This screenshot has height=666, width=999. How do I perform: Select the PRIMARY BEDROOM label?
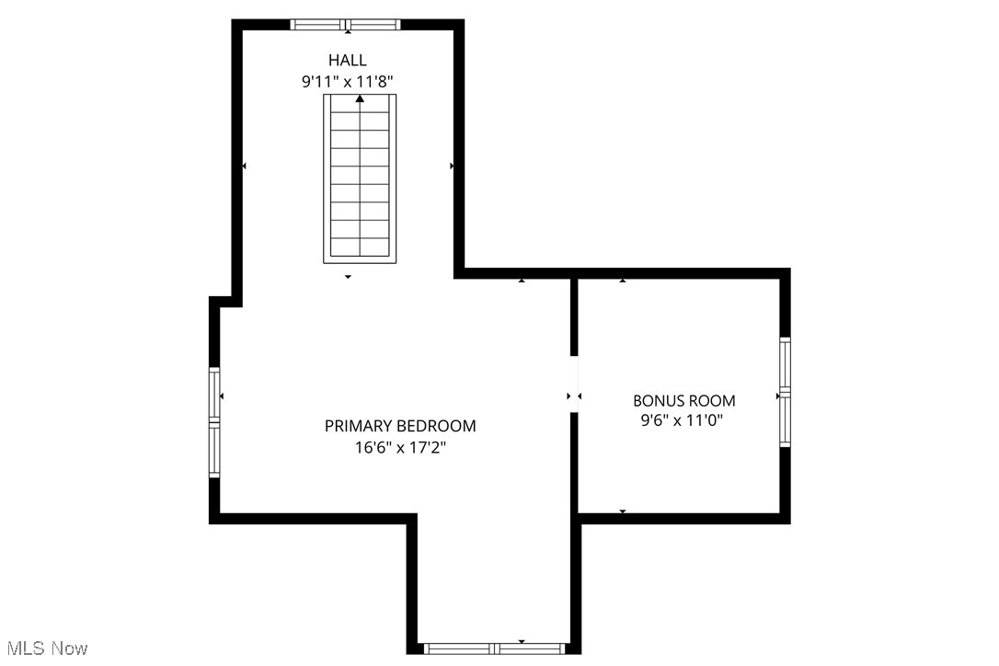coord(400,426)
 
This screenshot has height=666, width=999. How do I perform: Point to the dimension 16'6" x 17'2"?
coord(400,448)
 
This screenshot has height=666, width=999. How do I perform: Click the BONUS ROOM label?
coord(683,400)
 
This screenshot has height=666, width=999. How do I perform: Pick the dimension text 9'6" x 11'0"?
coord(683,421)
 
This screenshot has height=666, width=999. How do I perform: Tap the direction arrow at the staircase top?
coord(359,98)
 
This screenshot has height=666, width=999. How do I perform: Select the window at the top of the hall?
coord(347,25)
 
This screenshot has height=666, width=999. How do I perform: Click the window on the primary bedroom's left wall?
coord(214,421)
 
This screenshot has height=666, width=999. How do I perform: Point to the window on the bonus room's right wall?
coord(785,392)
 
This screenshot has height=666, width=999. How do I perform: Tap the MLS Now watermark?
coord(44,649)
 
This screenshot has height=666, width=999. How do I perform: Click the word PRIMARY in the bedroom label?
coord(359,426)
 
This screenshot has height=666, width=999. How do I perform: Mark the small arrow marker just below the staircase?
coord(348,277)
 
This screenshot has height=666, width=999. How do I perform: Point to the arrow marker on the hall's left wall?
coord(244,166)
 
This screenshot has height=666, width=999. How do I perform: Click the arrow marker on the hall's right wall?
coord(452,166)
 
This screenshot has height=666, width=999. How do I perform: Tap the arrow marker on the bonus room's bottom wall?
coord(623,511)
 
